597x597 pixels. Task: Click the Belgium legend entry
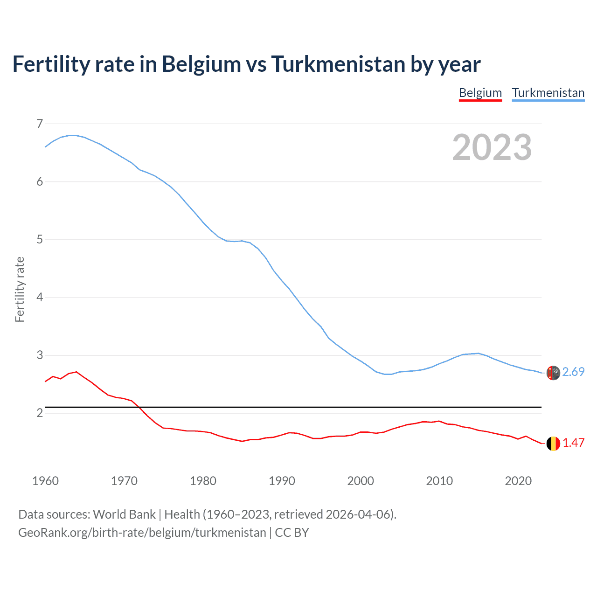tap(480, 93)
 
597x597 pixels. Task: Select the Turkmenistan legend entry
tap(548, 93)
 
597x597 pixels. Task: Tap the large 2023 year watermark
tap(492, 147)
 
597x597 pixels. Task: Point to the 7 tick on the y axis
tap(40, 124)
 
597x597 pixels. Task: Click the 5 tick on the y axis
tap(40, 240)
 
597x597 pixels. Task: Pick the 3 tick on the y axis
tap(40, 355)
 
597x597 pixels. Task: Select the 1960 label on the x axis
tap(45, 481)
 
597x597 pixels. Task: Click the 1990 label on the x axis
tap(282, 481)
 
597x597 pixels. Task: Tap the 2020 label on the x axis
tap(518, 481)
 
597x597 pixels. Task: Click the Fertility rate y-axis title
tap(20, 289)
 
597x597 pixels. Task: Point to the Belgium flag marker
tap(553, 444)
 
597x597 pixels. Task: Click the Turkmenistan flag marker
tap(553, 373)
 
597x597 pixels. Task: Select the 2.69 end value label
tap(573, 372)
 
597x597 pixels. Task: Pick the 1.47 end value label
tap(573, 443)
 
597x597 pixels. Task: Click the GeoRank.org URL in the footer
tap(142, 533)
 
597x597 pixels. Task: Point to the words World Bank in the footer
tap(124, 514)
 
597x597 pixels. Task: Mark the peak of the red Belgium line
tap(76, 372)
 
